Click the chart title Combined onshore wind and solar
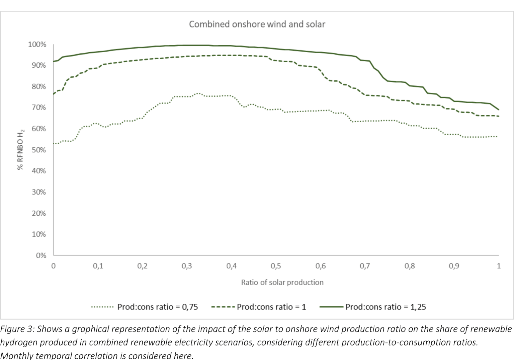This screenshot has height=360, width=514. pyautogui.click(x=257, y=24)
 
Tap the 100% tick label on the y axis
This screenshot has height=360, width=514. pyautogui.click(x=37, y=45)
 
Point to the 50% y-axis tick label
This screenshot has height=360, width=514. pyautogui.click(x=39, y=150)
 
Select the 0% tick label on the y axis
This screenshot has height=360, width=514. pyautogui.click(x=41, y=256)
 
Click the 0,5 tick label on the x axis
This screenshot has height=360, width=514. pyautogui.click(x=276, y=266)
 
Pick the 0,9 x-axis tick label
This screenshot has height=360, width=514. pyautogui.click(x=454, y=266)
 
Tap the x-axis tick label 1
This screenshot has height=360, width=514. pyautogui.click(x=499, y=266)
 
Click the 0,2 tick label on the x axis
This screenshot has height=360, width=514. pyautogui.click(x=142, y=266)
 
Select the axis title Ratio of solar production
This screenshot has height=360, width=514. pyautogui.click(x=282, y=282)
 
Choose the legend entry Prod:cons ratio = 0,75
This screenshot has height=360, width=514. pyautogui.click(x=157, y=307)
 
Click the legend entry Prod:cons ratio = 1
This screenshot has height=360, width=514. pyautogui.click(x=271, y=307)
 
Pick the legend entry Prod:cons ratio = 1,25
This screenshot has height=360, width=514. pyautogui.click(x=385, y=307)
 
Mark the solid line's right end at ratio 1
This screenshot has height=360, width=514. pyautogui.click(x=499, y=110)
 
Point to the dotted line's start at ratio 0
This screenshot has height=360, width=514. pyautogui.click(x=54, y=144)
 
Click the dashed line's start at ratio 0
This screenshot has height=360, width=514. pyautogui.click(x=54, y=94)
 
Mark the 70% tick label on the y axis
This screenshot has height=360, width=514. pyautogui.click(x=39, y=107)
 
